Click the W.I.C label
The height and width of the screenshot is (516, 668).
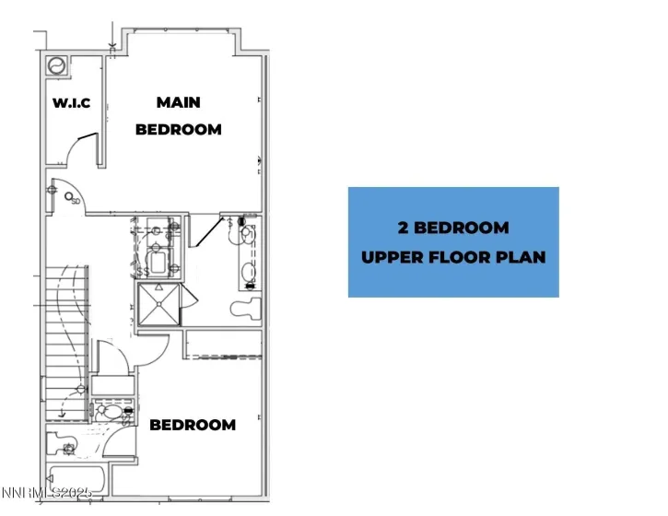click(71, 102)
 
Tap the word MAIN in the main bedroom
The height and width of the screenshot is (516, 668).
click(178, 102)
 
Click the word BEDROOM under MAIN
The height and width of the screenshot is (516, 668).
click(179, 130)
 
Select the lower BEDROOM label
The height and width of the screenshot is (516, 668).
click(193, 425)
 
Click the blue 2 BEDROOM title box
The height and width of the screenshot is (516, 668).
click(453, 241)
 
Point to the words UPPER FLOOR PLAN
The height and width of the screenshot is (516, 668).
click(453, 257)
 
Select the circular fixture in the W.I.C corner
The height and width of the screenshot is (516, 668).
click(56, 66)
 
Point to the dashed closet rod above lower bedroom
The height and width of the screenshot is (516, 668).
click(224, 355)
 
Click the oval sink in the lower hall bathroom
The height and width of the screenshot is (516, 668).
click(111, 414)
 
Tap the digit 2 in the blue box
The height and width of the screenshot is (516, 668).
click(403, 228)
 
